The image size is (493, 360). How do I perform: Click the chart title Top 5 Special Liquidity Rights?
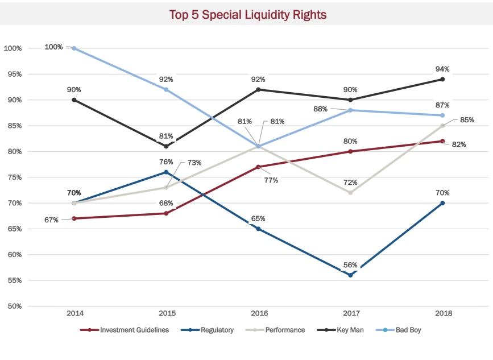pos(248,15)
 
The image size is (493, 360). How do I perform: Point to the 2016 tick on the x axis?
pos(258,313)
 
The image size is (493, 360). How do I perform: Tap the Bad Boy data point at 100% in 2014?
pos(74,48)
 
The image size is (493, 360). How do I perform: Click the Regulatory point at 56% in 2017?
pos(350,275)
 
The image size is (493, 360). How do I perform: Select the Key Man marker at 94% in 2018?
pos(442,79)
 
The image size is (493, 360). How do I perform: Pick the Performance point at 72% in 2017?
pos(350,193)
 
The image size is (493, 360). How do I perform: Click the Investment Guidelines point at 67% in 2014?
pos(74,218)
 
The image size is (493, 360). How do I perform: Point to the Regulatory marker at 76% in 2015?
pos(166,172)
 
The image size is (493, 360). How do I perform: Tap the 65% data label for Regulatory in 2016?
pos(258,218)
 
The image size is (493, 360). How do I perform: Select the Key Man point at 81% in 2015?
pos(166,146)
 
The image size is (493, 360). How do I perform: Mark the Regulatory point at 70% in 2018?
pos(442,203)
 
